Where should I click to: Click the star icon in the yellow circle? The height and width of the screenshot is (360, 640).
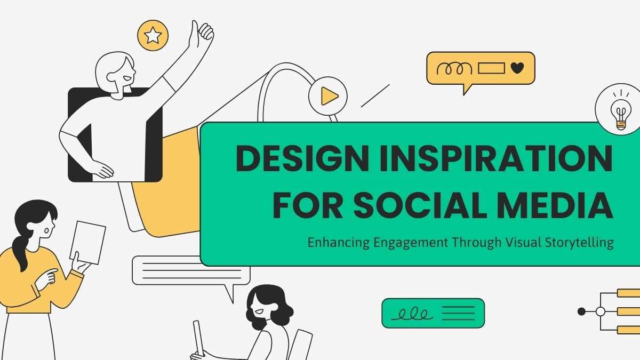coord(153,35)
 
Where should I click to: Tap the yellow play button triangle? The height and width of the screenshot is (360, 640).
coord(329,97)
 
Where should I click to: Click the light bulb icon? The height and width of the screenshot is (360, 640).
coord(619,111)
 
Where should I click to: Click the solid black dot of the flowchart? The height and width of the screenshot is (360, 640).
coord(581,311)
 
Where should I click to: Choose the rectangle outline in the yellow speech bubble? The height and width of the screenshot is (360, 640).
coord(491,68)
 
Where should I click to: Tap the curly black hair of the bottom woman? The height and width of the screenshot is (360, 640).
coord(267,307)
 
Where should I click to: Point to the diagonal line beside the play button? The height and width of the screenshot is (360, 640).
coord(375,95)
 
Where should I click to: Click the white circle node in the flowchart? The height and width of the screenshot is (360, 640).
coord(601,311)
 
